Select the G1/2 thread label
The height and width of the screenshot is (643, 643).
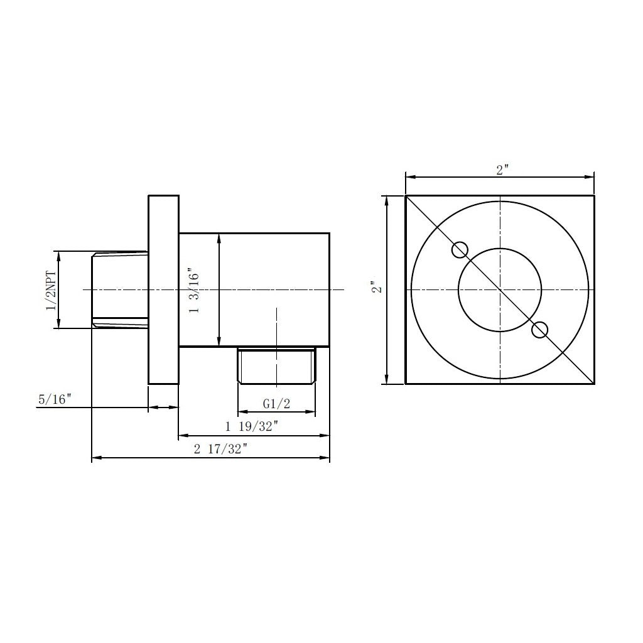click(276, 403)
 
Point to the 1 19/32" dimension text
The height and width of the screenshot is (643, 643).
click(252, 426)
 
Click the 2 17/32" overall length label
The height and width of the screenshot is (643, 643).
click(221, 449)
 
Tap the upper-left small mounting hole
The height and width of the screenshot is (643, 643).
click(460, 250)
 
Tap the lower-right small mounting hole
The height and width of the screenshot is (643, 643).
click(539, 330)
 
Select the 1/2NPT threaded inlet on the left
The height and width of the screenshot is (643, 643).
click(119, 289)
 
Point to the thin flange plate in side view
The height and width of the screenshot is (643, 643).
click(163, 289)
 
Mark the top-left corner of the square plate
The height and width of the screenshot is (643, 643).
click(406, 196)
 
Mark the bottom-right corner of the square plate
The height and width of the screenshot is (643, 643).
click(594, 383)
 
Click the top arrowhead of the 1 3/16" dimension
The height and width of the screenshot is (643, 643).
click(219, 237)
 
